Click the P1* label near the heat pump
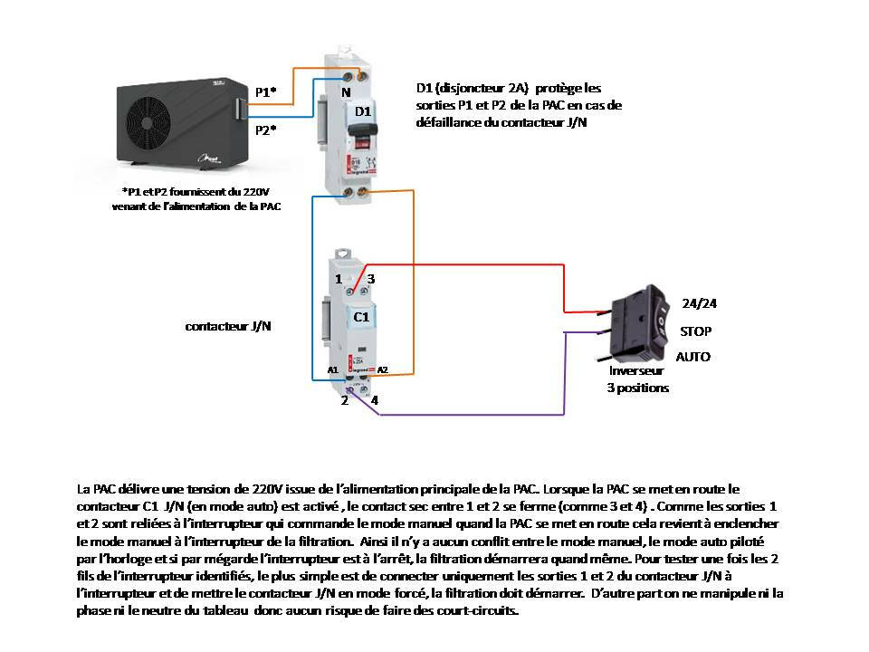click(x=265, y=92)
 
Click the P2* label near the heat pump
click(x=265, y=129)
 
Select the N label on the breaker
click(x=346, y=92)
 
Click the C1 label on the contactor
click(x=360, y=317)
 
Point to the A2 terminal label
click(x=382, y=370)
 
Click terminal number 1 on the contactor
click(x=338, y=279)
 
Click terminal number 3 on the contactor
click(x=370, y=279)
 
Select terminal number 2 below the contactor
click(x=344, y=401)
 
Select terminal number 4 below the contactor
click(x=374, y=401)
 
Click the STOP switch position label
click(x=695, y=331)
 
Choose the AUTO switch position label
click(x=693, y=357)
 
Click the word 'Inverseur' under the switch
click(x=636, y=371)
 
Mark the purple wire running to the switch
click(x=471, y=416)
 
